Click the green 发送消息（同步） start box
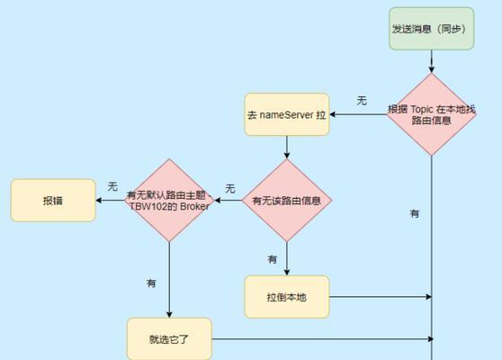tap(431, 29)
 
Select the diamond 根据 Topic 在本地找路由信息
tap(431, 114)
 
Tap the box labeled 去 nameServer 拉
tap(287, 114)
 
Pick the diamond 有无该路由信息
tap(287, 201)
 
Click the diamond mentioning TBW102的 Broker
tap(169, 201)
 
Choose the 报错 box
tap(53, 201)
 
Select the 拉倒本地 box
tap(287, 297)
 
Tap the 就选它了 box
tap(169, 339)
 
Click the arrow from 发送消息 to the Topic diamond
tap(432, 61)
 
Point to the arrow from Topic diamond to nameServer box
tap(358, 114)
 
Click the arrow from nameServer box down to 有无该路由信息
tap(287, 148)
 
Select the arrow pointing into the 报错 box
tap(110, 201)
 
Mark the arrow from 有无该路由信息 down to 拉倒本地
tap(287, 259)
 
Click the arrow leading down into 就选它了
tap(169, 280)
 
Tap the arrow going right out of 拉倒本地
tap(381, 297)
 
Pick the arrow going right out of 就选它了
tap(323, 339)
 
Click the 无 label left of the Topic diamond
tap(362, 101)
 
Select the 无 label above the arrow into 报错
tap(112, 186)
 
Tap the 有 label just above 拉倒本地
tap(272, 259)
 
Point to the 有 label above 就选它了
tap(151, 283)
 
